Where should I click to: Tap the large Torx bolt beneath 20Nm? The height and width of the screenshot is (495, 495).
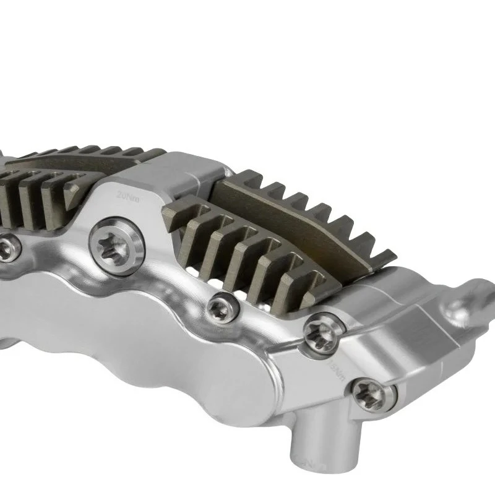click(117, 245)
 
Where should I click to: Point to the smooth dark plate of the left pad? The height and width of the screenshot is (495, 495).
click(68, 162)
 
